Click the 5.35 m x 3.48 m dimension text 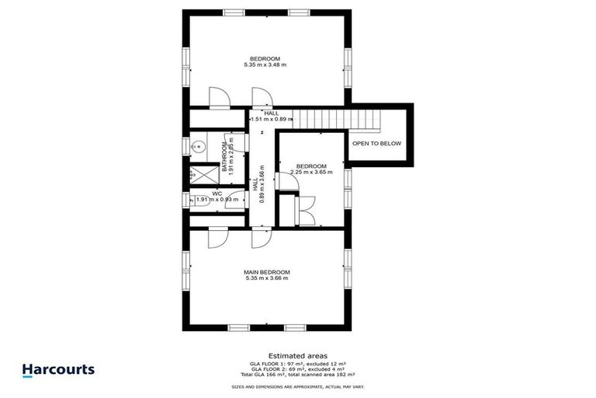point(265,65)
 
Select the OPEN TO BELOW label point(376,144)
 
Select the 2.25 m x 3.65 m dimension point(311,173)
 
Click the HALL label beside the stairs point(271,113)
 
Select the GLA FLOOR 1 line point(297,362)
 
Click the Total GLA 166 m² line point(297,375)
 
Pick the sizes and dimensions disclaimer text point(297,386)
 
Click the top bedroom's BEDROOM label point(265,58)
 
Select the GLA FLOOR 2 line point(297,368)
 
